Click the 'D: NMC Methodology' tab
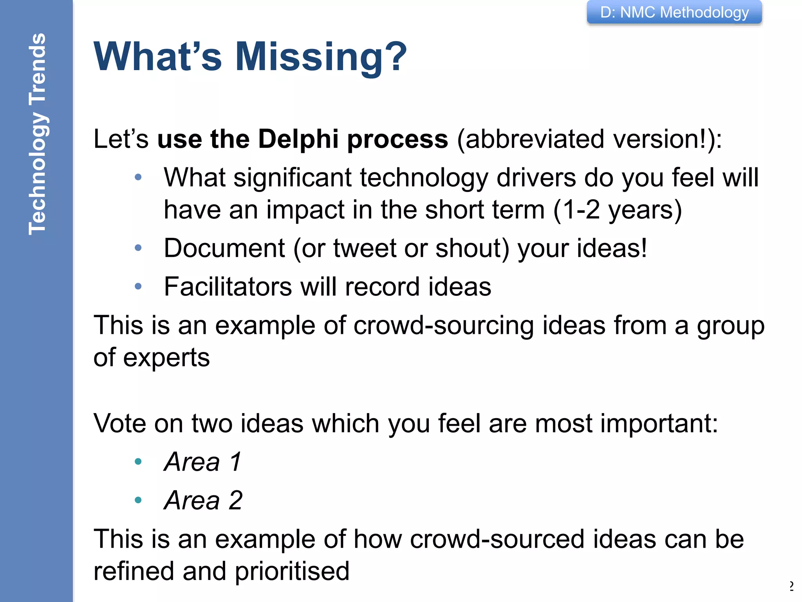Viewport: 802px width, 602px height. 674,13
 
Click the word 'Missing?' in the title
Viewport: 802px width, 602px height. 321,57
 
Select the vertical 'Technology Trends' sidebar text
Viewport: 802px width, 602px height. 38,134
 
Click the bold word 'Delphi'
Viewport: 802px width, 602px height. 298,139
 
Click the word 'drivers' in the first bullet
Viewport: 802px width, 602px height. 536,178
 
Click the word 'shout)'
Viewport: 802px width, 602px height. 472,248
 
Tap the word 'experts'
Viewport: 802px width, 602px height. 166,357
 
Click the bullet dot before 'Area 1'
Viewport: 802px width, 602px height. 138,462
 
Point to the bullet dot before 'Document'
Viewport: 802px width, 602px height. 138,248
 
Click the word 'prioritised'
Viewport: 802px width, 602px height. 292,571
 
